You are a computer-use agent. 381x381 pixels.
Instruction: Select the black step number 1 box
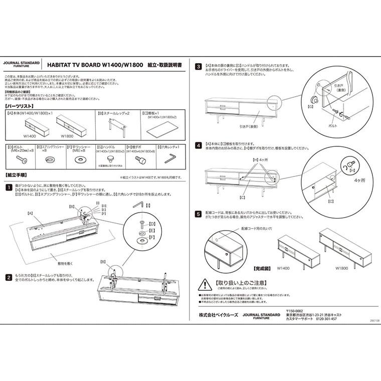coord(9,187)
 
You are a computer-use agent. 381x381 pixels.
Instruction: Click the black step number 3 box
coord(199,66)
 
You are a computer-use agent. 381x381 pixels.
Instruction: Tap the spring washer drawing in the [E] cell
coord(50,159)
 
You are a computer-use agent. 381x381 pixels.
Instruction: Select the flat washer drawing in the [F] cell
coord(79,160)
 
